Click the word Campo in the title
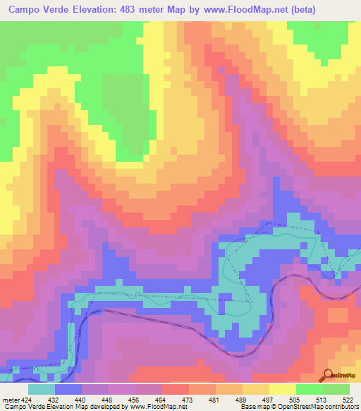[27, 10]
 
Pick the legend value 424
[24, 399]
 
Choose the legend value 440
[81, 399]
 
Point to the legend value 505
[294, 399]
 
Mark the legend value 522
[348, 399]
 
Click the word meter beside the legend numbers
[8, 399]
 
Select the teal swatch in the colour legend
[42, 389]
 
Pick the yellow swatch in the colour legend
[283, 389]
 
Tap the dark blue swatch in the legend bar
[68, 389]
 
